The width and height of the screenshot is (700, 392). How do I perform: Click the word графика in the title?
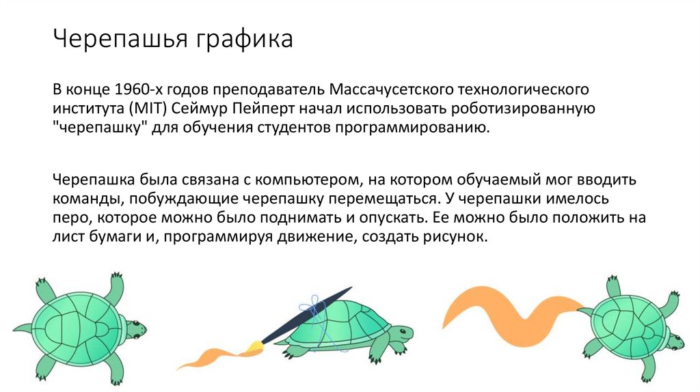245,39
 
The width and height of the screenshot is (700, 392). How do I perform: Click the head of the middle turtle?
399,333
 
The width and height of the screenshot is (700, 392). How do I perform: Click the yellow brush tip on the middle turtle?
256,348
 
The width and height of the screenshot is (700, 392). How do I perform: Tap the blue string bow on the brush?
313,305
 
